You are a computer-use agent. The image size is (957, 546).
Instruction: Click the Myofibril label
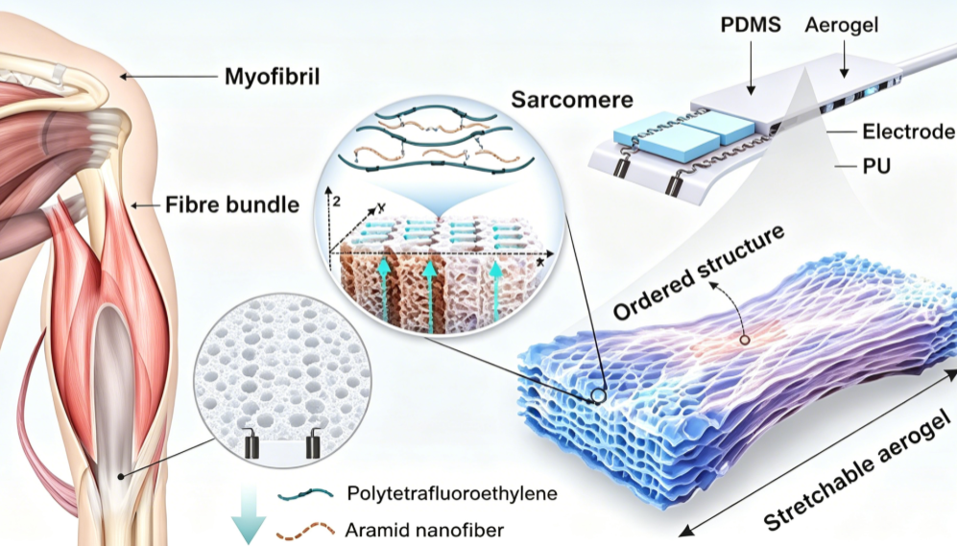point(272,77)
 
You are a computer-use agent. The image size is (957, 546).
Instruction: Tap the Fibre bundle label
point(232,204)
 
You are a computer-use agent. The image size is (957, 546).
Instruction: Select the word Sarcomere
point(572,100)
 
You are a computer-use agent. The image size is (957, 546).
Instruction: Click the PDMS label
point(750,25)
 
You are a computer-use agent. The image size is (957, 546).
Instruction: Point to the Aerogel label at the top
point(842,25)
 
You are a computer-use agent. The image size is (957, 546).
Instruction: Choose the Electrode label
point(908,131)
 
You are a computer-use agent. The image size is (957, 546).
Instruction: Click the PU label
point(875,166)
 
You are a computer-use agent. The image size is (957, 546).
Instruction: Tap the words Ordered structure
point(699,273)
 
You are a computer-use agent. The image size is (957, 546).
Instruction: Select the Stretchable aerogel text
point(857,470)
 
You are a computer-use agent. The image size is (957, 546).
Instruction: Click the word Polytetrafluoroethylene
point(452,493)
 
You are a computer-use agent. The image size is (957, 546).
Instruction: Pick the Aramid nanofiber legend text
point(424,530)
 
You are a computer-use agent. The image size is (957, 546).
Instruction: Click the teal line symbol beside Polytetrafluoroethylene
point(305,494)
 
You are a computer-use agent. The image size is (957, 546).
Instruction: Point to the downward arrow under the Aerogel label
point(844,59)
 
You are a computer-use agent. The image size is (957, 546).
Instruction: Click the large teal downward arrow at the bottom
point(249,513)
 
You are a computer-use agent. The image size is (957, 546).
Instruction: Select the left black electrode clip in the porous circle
point(251,443)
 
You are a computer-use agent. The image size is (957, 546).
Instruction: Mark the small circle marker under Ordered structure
point(745,340)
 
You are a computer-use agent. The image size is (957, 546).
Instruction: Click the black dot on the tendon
point(122,476)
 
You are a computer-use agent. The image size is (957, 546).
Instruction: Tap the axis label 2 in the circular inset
point(336,202)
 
